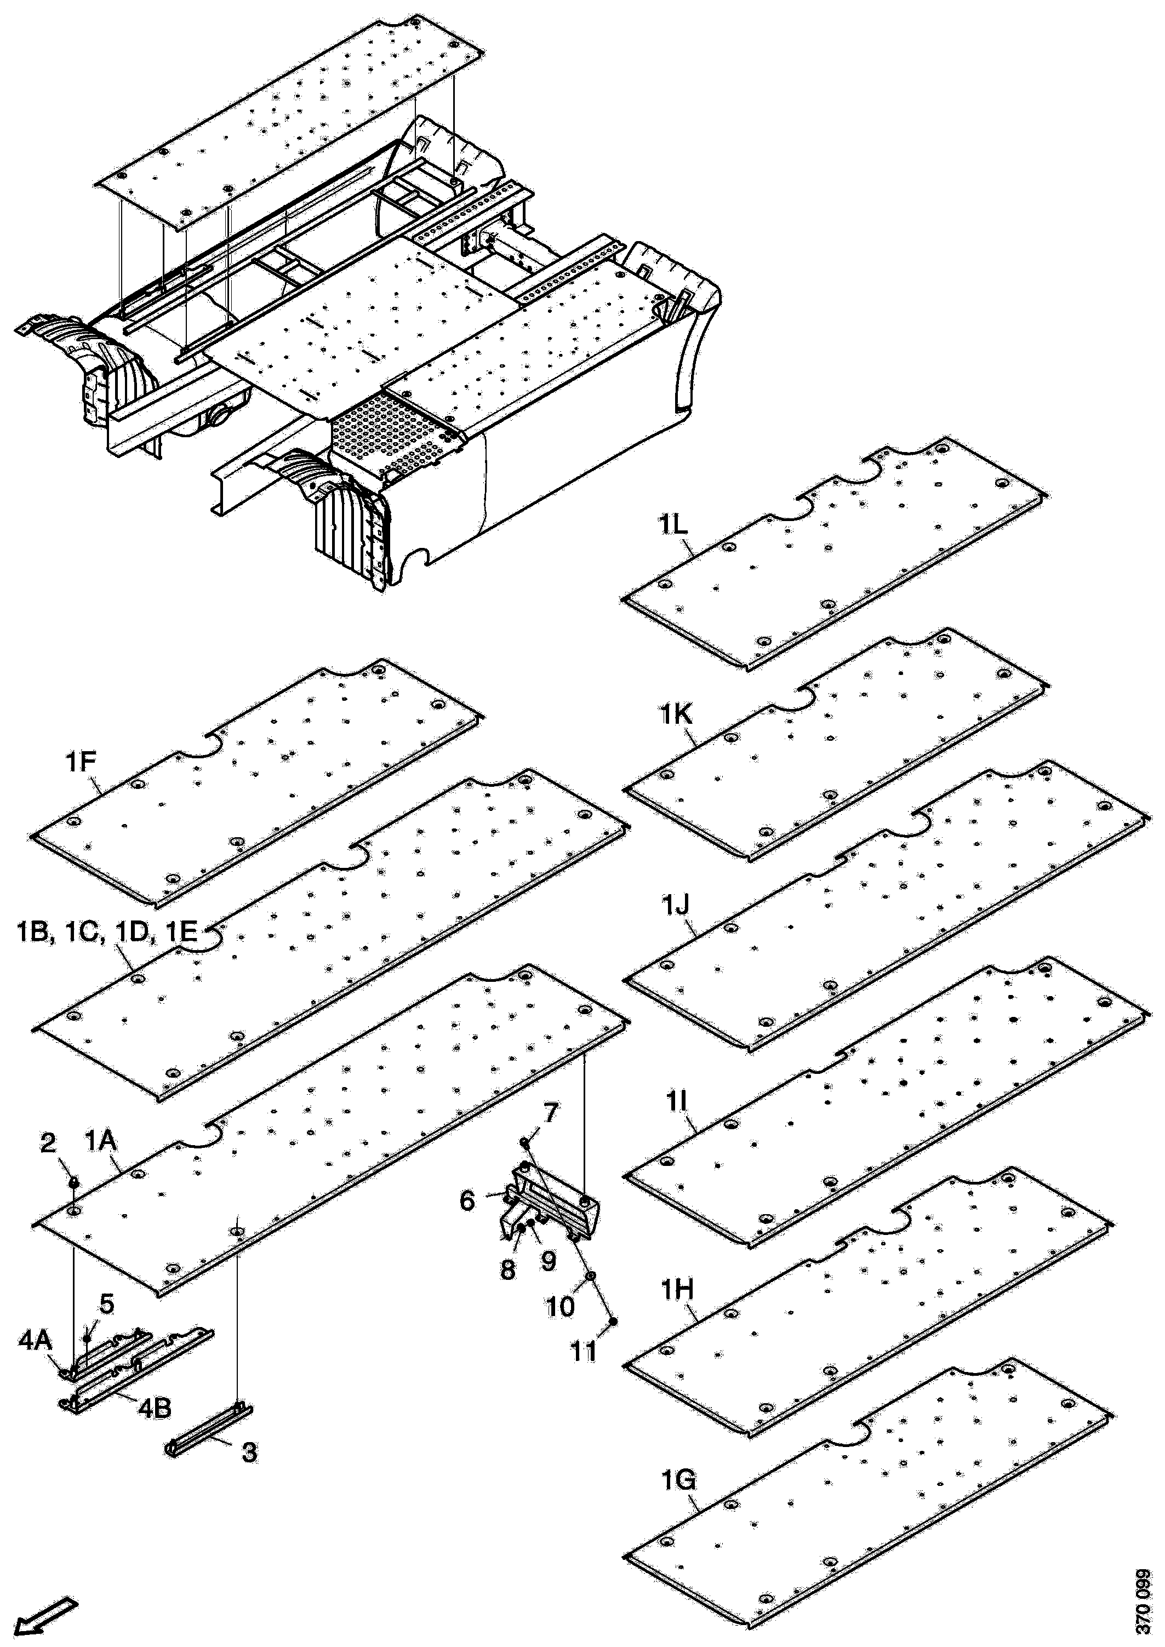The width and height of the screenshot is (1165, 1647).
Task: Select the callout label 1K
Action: click(x=672, y=716)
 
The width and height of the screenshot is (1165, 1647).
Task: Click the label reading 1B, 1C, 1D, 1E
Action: click(x=105, y=932)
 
